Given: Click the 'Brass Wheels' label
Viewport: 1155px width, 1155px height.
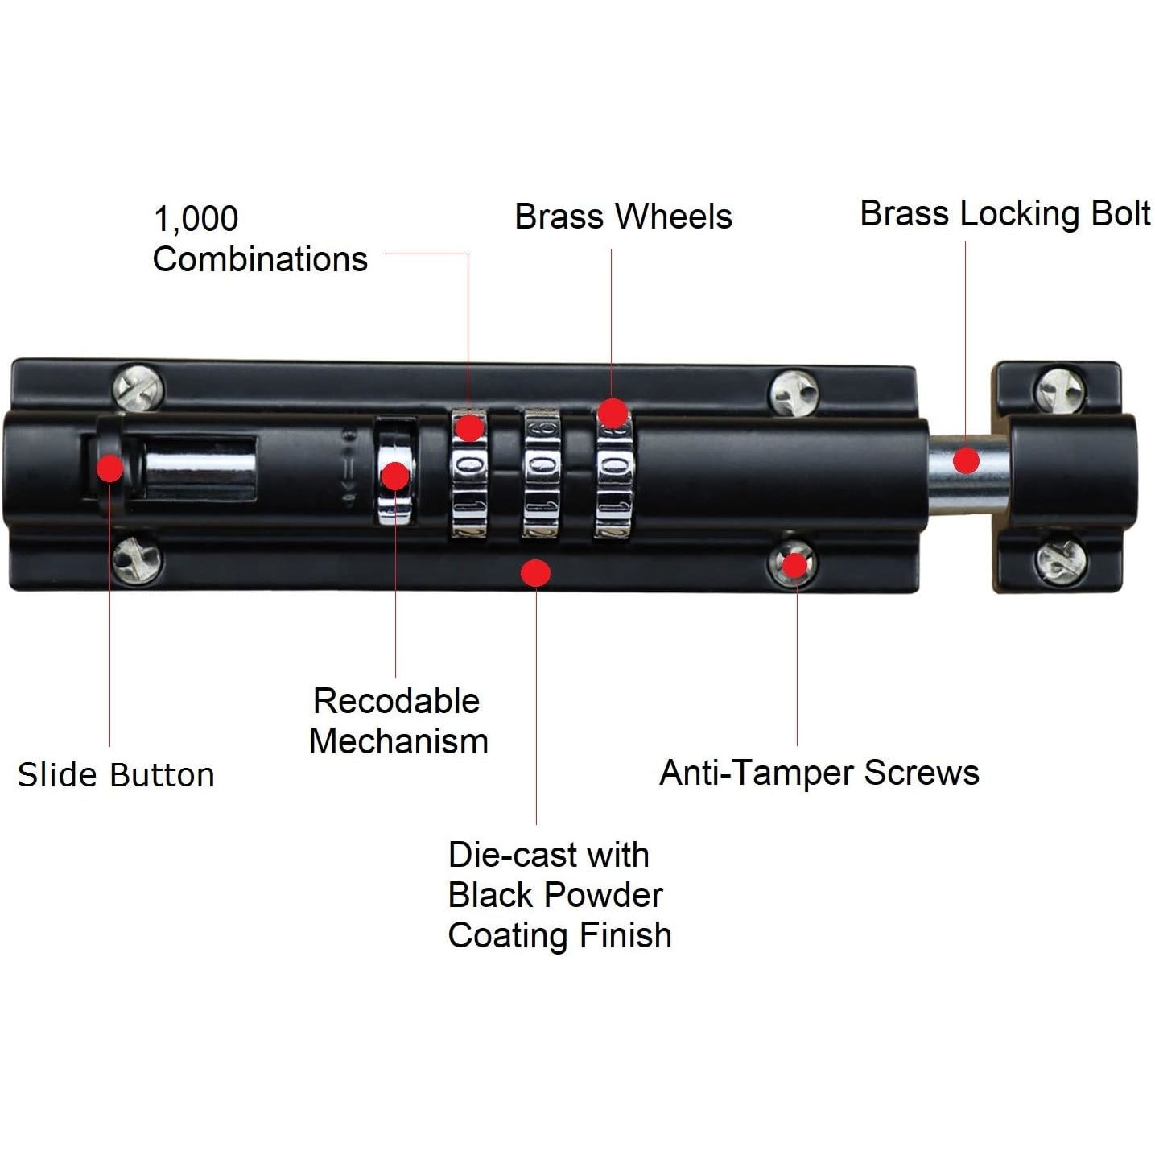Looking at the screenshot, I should pos(623,217).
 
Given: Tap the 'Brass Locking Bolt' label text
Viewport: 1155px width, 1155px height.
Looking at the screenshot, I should pos(1004,214).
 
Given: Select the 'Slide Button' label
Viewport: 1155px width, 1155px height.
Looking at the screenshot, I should pos(116,774).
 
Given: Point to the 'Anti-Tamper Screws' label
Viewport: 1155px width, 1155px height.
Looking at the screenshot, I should pos(819,773).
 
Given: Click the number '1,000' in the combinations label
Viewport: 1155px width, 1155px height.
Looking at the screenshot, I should pos(196,219).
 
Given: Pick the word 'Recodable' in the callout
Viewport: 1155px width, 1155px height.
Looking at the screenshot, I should pos(396,701).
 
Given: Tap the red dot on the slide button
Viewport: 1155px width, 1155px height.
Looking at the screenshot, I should pos(110,468).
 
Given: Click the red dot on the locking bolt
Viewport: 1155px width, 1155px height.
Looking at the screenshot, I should pos(966,460).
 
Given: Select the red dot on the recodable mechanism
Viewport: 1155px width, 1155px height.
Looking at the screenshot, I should pos(395,476).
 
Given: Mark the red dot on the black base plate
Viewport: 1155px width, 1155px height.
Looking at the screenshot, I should pos(535,572).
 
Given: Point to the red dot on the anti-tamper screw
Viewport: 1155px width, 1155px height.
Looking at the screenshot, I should pos(794,565).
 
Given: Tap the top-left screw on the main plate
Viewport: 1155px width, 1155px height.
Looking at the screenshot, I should pos(138,389).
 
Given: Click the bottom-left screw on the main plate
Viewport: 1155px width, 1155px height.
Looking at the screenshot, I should pos(137,559).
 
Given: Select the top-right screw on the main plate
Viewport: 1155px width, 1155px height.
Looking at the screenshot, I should pos(794,392).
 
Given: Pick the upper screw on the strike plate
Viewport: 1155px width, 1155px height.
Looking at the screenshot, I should pos(1059,390).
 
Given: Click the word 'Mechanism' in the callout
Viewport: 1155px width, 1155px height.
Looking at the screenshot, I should pos(398,741).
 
